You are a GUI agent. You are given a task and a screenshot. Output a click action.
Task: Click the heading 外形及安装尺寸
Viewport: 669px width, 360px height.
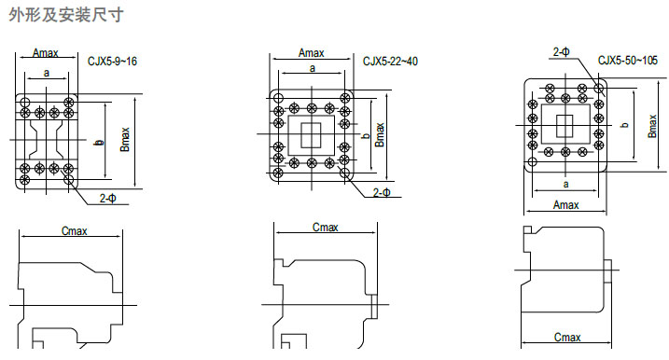coord(66,15)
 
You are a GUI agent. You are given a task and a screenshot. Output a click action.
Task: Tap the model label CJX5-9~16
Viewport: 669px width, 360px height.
coord(112,62)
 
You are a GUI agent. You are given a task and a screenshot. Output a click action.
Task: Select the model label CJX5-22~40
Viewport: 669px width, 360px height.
coord(390,62)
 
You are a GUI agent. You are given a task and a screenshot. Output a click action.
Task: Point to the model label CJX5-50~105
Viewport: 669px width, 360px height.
coord(628,60)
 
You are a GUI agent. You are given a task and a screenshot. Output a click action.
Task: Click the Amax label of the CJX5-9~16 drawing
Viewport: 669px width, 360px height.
coord(46,53)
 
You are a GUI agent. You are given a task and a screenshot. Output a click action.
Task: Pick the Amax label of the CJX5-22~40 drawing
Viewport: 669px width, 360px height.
coord(311,53)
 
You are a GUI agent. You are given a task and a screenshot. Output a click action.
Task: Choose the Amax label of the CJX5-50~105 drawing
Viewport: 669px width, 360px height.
coord(565,205)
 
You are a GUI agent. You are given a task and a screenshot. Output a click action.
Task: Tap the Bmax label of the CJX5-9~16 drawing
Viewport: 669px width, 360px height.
coord(125,140)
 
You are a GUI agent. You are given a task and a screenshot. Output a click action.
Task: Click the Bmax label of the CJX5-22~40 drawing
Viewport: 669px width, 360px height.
coord(380,135)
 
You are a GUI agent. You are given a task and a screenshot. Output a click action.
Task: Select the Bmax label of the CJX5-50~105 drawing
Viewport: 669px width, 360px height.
coord(652,126)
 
